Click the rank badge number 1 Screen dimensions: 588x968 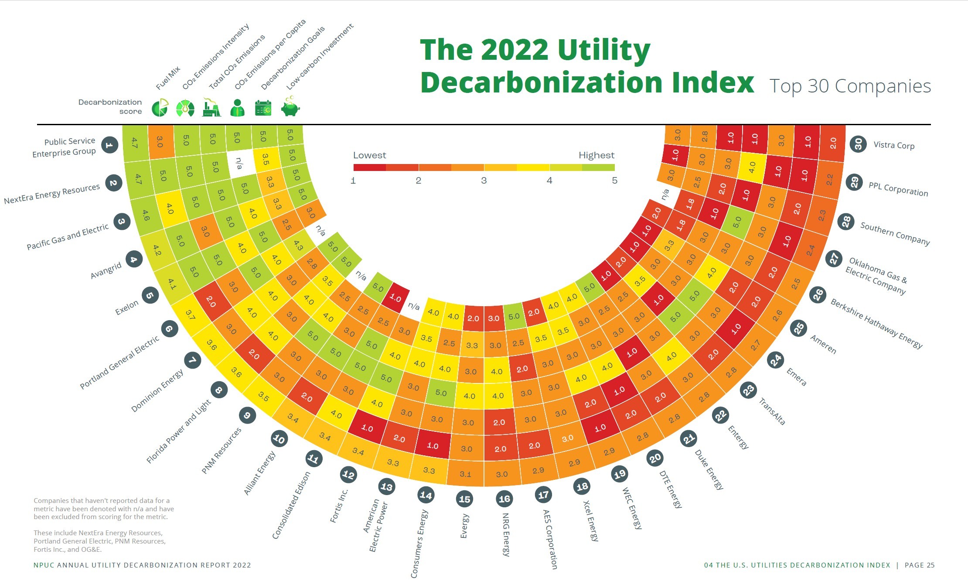(x=109, y=145)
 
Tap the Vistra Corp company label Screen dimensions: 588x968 (x=894, y=145)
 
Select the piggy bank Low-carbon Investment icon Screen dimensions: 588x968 (x=290, y=108)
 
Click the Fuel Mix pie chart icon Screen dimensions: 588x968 (x=160, y=108)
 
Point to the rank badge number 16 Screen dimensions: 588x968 (x=504, y=499)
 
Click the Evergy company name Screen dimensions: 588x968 (x=465, y=526)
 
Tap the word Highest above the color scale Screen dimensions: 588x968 (x=596, y=155)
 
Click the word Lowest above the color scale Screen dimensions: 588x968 (x=369, y=155)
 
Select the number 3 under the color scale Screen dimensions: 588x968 (x=484, y=181)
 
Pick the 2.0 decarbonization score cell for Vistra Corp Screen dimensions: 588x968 (x=833, y=143)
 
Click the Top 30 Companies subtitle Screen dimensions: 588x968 (x=850, y=86)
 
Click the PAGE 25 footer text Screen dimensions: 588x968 (x=920, y=565)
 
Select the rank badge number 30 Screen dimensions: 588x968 (x=858, y=144)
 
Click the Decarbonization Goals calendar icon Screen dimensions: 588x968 (x=263, y=108)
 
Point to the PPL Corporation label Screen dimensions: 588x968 (x=898, y=189)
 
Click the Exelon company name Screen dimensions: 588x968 (x=126, y=308)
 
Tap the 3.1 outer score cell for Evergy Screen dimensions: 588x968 (x=465, y=474)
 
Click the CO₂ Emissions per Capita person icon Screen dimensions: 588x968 (x=237, y=108)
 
